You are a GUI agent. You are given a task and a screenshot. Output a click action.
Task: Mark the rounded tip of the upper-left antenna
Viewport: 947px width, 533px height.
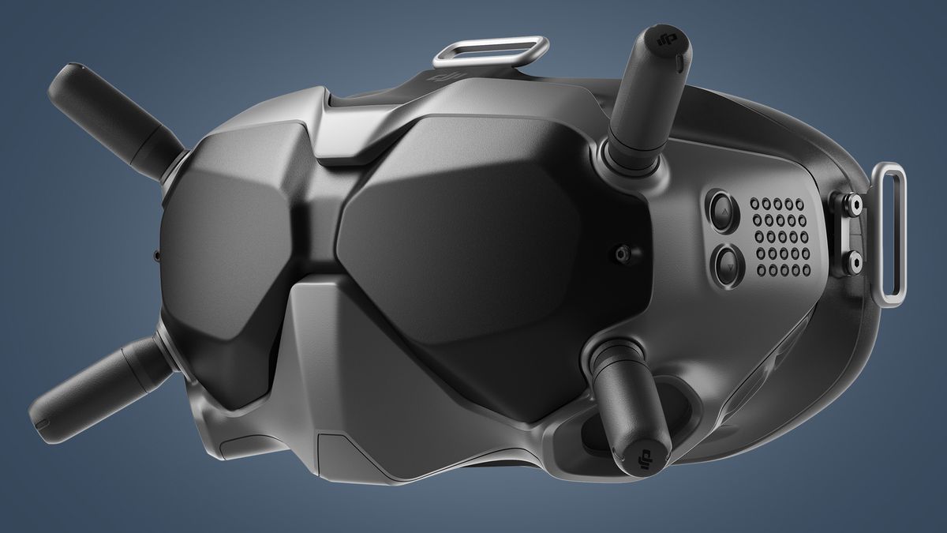coord(63,83)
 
